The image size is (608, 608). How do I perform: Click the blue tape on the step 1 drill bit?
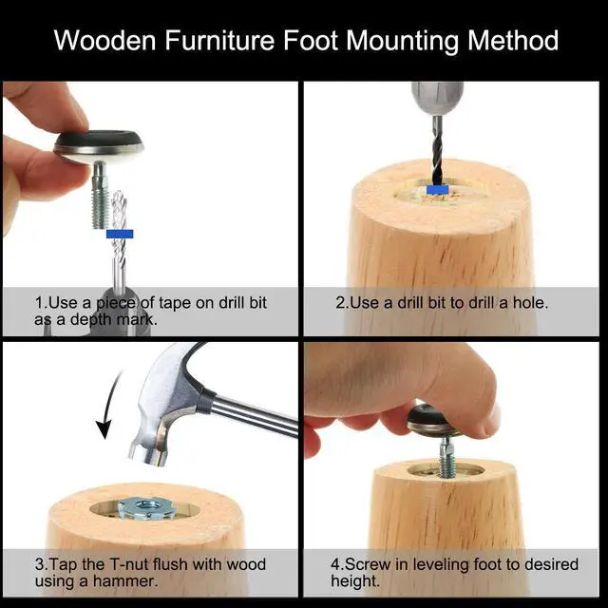coord(120,233)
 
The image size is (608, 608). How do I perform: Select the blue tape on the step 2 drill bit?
coord(438,190)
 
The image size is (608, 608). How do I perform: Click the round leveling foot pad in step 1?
coord(98,143)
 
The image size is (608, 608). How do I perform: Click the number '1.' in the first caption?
coord(41,302)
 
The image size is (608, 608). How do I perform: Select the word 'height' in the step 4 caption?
coord(354,581)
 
